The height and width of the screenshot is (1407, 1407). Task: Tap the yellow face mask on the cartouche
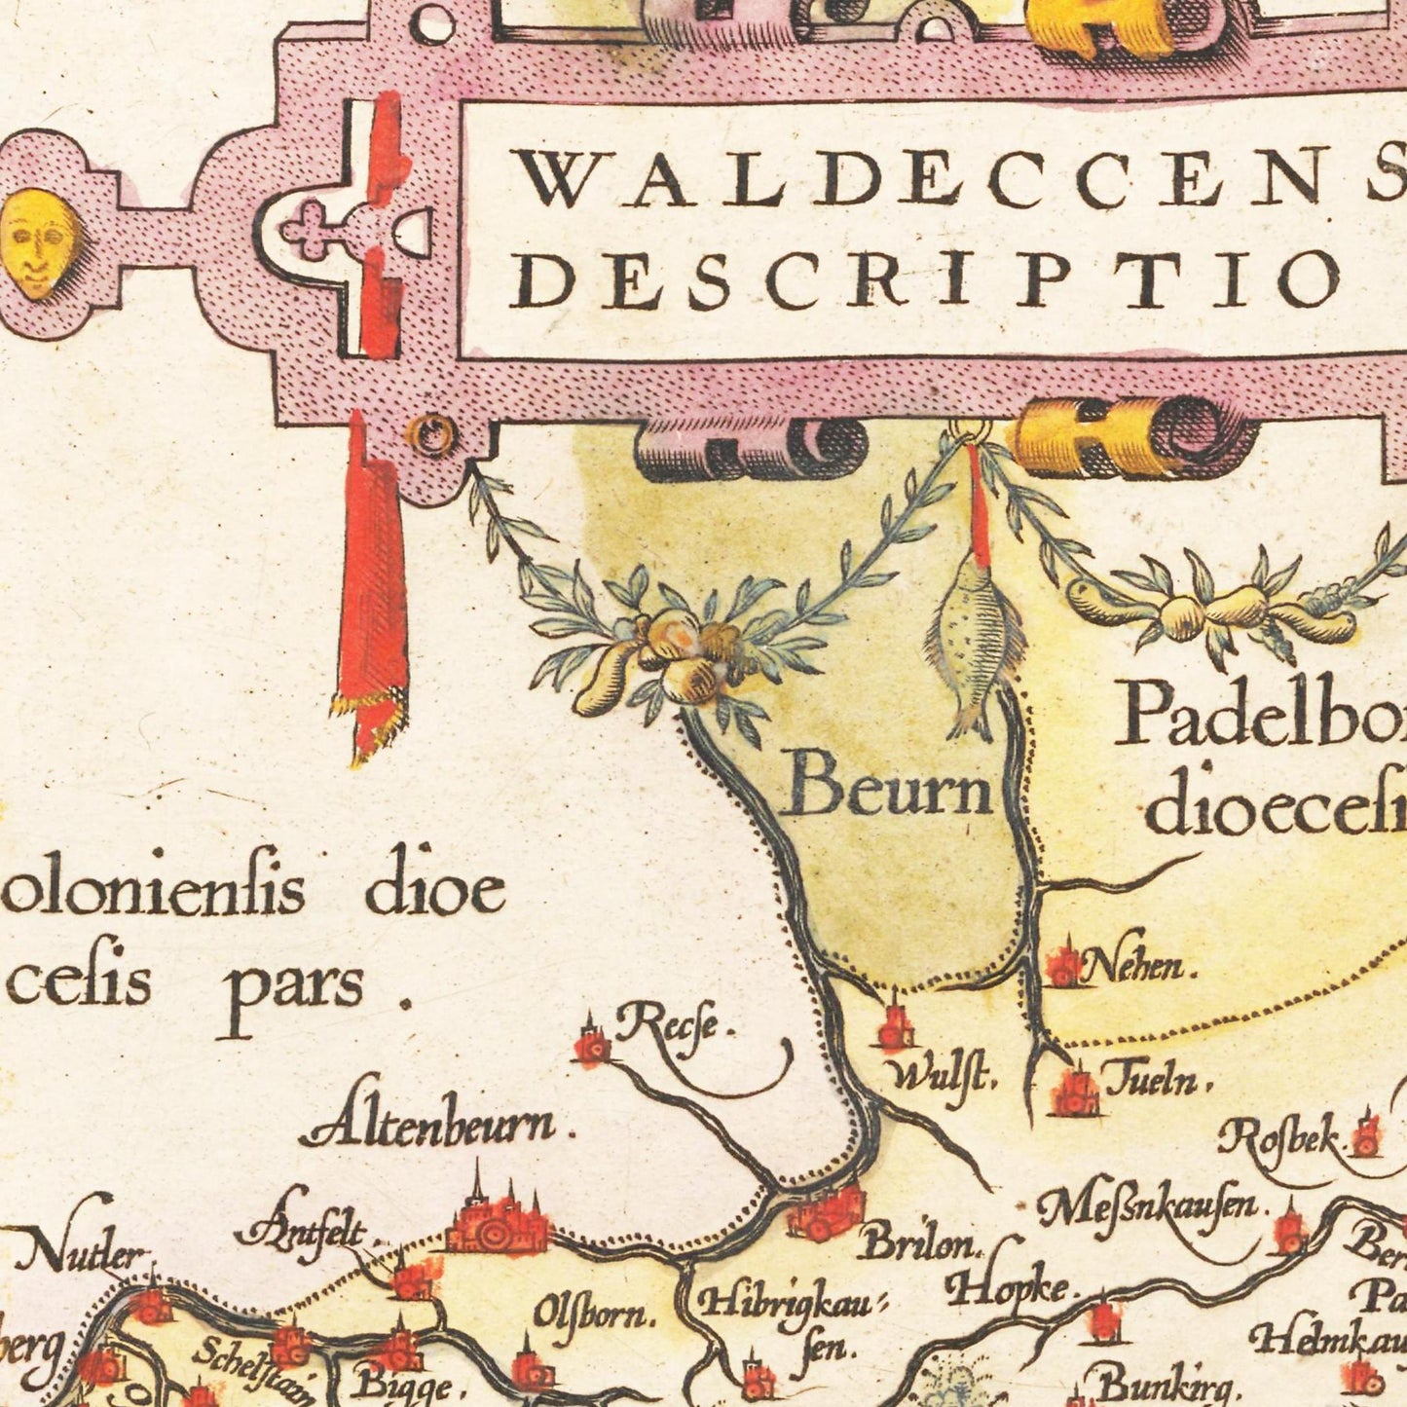(x=38, y=242)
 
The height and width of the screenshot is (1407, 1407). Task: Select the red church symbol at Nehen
(x=1063, y=964)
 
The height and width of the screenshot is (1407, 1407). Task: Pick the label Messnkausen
(x=1149, y=1211)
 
